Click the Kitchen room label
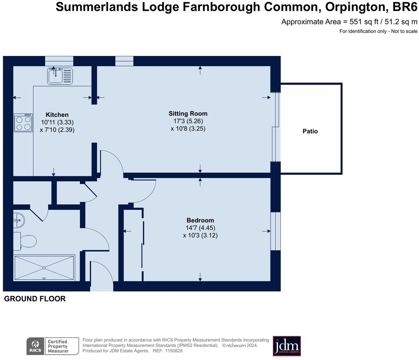point(57,115)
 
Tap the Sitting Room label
point(188,114)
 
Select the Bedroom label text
point(200,220)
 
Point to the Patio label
point(310,131)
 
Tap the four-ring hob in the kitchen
point(23,123)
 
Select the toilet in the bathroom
point(25,241)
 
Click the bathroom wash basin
point(19,220)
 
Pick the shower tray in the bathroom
point(44,268)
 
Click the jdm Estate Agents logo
point(287,346)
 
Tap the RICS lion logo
point(35,346)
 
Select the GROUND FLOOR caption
point(35,299)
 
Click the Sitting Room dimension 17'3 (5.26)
point(188,121)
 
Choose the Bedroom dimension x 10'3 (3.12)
point(200,235)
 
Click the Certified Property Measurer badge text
point(58,346)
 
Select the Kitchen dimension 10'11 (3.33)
point(57,122)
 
